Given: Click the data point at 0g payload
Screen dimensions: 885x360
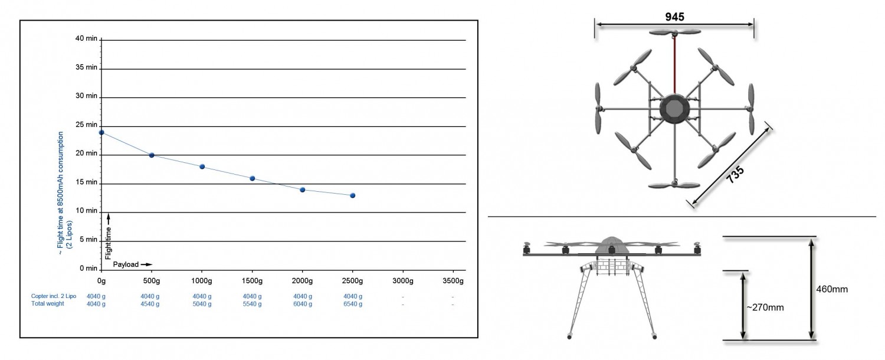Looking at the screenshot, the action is (x=101, y=132).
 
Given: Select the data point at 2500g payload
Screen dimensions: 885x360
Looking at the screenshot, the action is (x=352, y=195).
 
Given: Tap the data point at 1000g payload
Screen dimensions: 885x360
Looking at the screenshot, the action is (x=202, y=167).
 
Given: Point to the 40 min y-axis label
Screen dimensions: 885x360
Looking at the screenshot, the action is (x=86, y=38).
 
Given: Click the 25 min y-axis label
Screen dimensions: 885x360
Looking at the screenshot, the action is (x=86, y=125).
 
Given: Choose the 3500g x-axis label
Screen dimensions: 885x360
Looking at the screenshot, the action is (x=453, y=280).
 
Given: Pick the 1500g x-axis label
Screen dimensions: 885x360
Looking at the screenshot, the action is (x=252, y=280).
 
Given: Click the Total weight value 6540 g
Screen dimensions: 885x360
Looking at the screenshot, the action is (x=353, y=304).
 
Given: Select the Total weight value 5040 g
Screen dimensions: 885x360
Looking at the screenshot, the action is (x=202, y=304).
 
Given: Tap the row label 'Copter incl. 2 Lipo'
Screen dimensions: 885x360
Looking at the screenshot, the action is (x=54, y=296).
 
